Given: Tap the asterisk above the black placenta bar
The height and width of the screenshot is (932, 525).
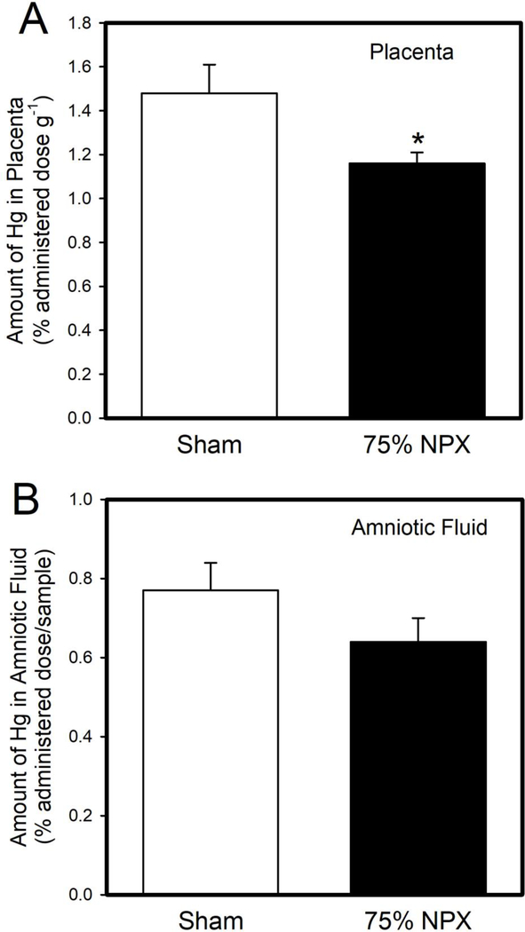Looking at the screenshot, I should pos(416,139).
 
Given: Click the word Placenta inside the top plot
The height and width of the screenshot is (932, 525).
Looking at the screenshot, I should pos(411,52).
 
